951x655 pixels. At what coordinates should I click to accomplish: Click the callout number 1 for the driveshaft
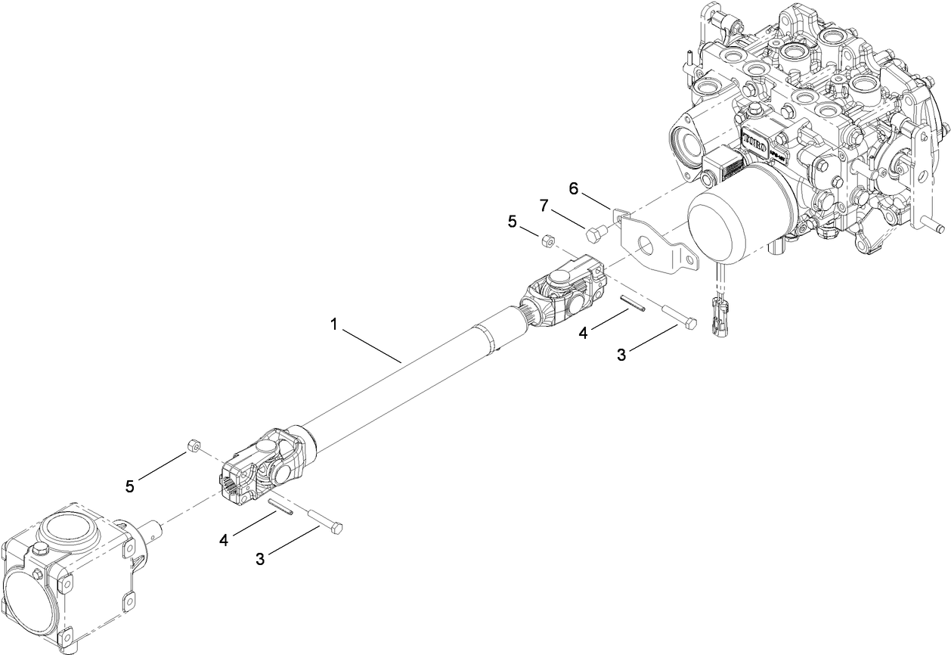333,324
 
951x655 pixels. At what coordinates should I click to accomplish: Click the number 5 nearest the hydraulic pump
513,222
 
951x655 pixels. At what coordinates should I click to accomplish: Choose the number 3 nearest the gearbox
260,559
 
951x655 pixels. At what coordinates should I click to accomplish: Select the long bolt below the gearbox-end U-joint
326,521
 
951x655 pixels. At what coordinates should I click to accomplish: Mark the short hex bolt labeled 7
595,234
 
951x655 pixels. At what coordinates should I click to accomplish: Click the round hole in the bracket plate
645,245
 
